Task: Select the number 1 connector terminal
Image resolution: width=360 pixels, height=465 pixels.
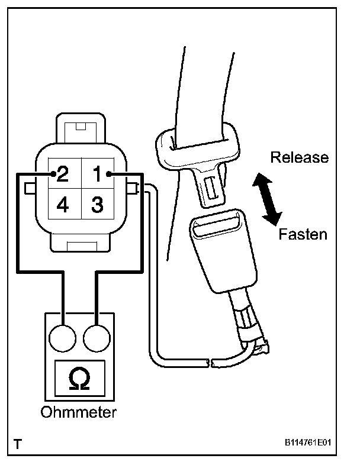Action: coord(97,174)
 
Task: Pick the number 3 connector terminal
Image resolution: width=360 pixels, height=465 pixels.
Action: coord(97,205)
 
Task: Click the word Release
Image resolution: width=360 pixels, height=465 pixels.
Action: coord(298,157)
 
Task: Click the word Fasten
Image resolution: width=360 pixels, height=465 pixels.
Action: coord(302,234)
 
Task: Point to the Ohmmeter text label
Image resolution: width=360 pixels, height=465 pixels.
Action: coord(79,412)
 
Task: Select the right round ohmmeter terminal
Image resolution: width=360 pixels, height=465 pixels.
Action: coord(95,338)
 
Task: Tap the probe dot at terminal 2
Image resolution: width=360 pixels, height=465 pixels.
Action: coord(53,174)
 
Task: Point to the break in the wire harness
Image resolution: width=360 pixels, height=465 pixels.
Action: coord(211,360)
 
